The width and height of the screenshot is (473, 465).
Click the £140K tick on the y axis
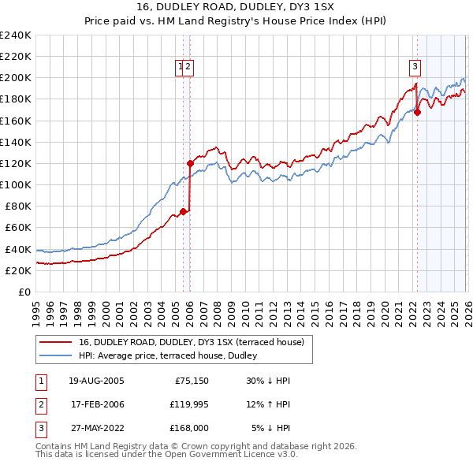(x=16, y=142)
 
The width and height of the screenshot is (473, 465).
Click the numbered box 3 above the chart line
(x=415, y=67)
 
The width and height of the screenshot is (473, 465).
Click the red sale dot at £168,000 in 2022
(x=417, y=112)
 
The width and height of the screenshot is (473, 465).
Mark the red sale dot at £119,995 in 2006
(x=190, y=163)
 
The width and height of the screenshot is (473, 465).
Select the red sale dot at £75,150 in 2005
(x=183, y=211)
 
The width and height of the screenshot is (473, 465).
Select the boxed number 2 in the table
(x=40, y=405)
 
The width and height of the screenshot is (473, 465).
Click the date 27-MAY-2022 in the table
(x=96, y=430)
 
